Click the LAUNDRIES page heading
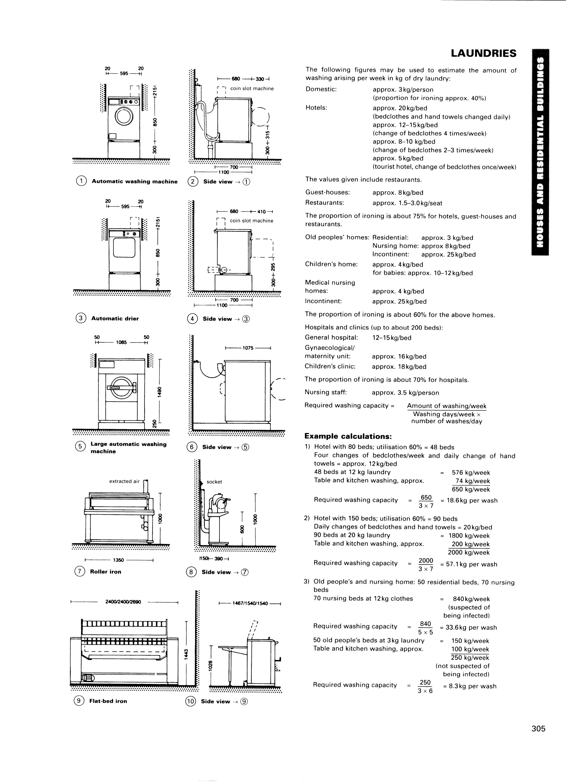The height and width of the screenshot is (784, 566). [x=483, y=53]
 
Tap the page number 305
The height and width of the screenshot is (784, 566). [x=538, y=729]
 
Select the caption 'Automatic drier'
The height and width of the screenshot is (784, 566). [x=115, y=318]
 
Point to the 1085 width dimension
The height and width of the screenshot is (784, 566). [x=121, y=342]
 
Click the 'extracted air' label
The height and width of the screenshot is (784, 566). [x=124, y=481]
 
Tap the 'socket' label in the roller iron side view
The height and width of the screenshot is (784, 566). [x=214, y=482]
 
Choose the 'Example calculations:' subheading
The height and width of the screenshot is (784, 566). [x=348, y=436]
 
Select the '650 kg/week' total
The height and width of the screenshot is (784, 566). [x=471, y=489]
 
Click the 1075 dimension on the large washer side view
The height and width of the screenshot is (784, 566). [x=248, y=348]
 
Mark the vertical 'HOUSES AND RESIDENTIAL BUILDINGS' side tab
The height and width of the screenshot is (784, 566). [x=540, y=152]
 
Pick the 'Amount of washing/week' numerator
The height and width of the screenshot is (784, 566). [x=446, y=406]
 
